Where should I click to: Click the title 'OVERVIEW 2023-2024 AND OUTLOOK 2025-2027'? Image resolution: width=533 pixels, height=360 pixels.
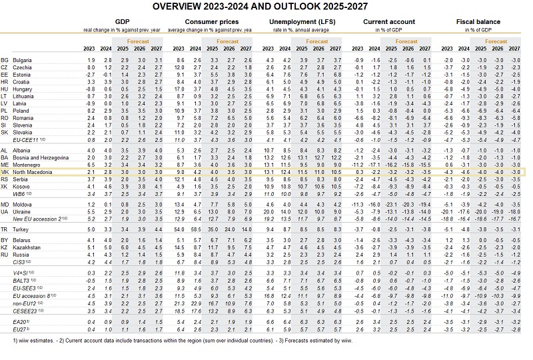click(x=266, y=7)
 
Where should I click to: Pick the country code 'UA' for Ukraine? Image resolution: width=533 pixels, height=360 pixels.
click(x=5, y=211)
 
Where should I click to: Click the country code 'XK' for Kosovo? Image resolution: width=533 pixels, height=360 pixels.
click(x=5, y=187)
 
